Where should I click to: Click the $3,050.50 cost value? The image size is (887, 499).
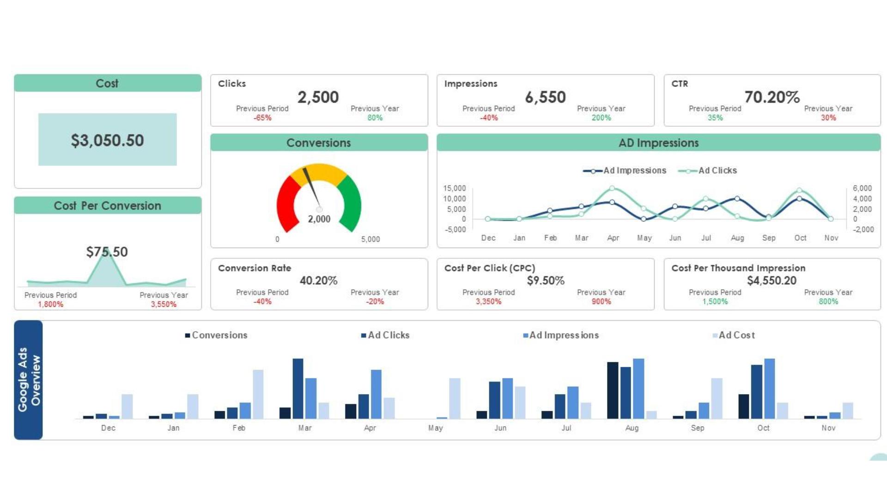(x=107, y=140)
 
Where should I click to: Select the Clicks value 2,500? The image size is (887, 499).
(x=318, y=97)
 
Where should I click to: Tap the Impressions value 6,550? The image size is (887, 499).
(x=545, y=97)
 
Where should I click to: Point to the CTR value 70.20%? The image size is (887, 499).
(x=772, y=97)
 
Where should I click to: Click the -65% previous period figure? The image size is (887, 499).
(x=262, y=118)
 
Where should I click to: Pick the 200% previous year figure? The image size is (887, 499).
(x=601, y=118)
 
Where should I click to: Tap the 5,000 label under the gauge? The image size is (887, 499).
(x=371, y=239)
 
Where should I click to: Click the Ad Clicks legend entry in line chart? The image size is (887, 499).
(x=717, y=170)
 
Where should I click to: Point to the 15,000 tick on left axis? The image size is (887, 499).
(x=455, y=188)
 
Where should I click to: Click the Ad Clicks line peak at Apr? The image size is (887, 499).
(x=612, y=188)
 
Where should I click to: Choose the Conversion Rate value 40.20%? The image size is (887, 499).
(x=318, y=280)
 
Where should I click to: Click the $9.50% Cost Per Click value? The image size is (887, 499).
(x=546, y=280)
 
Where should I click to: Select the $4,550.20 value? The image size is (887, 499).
(x=772, y=280)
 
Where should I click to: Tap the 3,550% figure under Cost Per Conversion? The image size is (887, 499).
(x=164, y=304)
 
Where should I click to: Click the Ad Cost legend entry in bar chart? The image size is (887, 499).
(x=736, y=335)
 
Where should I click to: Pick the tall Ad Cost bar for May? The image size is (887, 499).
(x=455, y=398)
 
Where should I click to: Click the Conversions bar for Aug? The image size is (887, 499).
(x=613, y=390)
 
